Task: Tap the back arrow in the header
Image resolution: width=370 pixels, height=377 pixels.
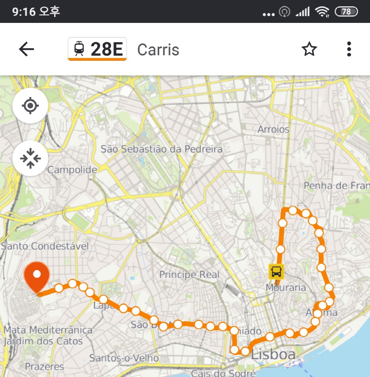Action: point(26,49)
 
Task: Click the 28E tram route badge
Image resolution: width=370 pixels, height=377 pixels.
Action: point(97,49)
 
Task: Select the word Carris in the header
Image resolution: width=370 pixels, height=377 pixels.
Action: point(158,50)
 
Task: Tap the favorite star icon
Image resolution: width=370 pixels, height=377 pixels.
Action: point(309,49)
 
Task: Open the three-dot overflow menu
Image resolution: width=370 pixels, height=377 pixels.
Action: point(349,49)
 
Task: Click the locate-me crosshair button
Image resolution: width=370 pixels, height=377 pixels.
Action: point(30,106)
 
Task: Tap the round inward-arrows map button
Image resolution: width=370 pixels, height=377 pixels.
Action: point(30,158)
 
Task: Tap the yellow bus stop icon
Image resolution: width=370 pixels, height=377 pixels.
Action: point(276,272)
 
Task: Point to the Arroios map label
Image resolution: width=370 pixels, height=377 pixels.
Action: point(274,129)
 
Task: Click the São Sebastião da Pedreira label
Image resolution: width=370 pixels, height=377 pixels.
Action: point(161,149)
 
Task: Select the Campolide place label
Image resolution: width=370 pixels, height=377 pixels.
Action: point(72,170)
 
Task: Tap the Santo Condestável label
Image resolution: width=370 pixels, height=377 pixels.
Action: point(45,246)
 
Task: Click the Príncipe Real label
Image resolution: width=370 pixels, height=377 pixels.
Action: point(189,275)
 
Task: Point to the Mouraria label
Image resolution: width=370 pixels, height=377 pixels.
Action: point(285,287)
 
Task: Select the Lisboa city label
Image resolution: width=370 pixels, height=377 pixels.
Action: point(273,354)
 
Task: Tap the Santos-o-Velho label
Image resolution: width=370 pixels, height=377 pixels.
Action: point(124,358)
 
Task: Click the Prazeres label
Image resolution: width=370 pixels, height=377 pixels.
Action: point(44,367)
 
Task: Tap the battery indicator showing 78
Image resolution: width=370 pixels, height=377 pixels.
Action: point(346,12)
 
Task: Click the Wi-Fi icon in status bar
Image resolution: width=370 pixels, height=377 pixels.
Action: point(322,12)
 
